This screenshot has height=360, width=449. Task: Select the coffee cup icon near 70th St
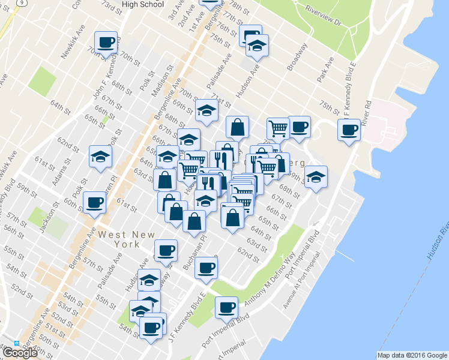click(x=106, y=43)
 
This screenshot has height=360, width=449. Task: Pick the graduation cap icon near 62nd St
click(x=100, y=157)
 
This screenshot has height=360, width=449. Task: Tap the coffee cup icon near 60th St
click(x=94, y=202)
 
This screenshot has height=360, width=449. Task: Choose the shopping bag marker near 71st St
click(x=238, y=127)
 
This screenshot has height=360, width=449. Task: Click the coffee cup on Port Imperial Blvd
click(x=227, y=308)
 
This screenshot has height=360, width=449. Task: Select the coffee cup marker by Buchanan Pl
click(x=206, y=268)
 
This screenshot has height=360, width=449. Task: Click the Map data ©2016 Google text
click(x=412, y=355)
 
